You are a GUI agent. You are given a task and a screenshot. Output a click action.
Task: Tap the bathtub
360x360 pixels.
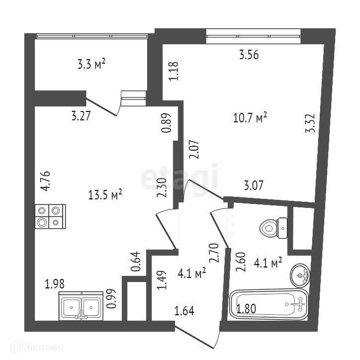coord(269,304)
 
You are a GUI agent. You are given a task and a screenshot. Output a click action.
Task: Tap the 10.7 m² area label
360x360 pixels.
coord(250,118)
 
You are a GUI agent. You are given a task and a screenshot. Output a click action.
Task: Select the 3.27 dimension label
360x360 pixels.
coord(81,117)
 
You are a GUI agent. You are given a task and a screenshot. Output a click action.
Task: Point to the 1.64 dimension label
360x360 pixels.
coord(184,312)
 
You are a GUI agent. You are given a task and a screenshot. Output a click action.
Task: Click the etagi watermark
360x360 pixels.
coord(180,176)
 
